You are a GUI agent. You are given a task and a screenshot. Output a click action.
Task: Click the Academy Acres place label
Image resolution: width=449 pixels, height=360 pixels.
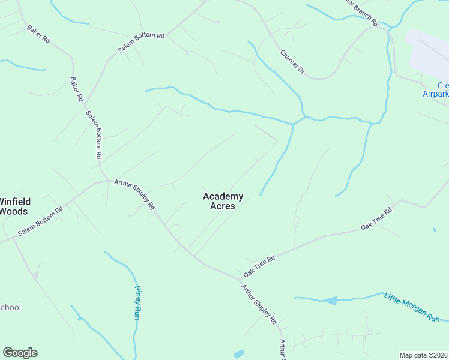223,201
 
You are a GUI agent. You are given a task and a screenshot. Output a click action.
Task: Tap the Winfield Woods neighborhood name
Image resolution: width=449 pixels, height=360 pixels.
14,206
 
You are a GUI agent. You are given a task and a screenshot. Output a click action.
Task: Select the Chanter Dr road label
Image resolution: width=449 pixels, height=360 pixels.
293,62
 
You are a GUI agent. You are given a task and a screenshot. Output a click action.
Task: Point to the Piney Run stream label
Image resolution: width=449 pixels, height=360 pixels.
136,301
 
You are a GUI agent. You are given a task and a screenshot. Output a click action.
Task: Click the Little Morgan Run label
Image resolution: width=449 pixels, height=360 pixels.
412,307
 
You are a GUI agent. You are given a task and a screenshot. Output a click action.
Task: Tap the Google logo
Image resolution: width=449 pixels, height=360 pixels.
20,353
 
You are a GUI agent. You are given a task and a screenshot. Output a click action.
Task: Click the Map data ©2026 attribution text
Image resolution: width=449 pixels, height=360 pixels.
423,355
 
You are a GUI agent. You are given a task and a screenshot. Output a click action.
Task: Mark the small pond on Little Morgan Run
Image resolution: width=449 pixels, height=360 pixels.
331,300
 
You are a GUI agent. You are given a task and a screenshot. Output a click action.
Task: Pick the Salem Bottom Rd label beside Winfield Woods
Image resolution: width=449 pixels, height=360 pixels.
40,221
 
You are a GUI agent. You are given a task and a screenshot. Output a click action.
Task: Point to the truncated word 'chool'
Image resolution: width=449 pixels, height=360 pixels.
10,308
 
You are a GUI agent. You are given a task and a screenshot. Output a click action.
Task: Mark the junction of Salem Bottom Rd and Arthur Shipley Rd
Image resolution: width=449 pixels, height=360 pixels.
108,180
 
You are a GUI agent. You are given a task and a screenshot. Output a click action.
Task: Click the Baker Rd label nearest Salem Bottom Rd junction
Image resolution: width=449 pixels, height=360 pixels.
76,89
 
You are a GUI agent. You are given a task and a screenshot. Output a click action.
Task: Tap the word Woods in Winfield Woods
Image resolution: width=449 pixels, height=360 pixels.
14,211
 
